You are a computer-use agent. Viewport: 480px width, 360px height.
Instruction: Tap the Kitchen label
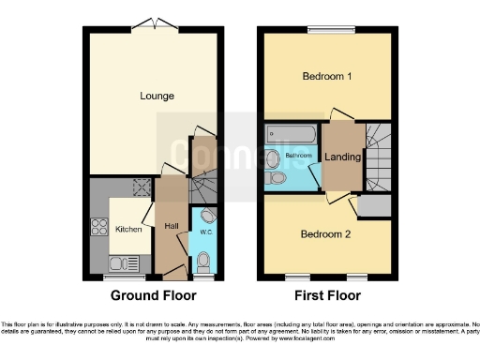pyautogui.click(x=127, y=229)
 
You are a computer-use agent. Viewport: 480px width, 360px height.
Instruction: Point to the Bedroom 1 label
pyautogui.click(x=326, y=77)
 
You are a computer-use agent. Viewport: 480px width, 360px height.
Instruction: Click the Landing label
pyautogui.click(x=342, y=157)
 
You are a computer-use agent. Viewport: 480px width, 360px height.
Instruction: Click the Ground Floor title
pyautogui.click(x=154, y=295)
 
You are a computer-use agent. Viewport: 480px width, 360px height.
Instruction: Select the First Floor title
pyautogui.click(x=327, y=295)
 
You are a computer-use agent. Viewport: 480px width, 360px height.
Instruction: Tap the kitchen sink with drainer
pyautogui.click(x=124, y=262)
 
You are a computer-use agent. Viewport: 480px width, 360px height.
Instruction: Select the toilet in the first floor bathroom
pyautogui.click(x=277, y=178)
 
